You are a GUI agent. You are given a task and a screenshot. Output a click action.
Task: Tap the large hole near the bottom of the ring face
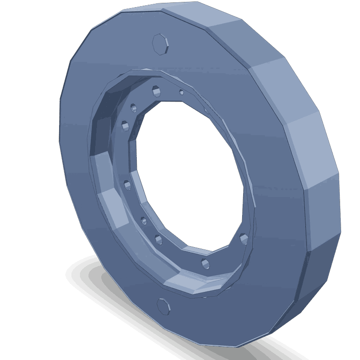tap(162, 306)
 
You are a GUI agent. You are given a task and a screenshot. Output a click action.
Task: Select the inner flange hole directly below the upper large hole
tap(155, 90)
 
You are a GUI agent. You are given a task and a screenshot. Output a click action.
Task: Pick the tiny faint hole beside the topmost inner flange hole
tap(181, 92)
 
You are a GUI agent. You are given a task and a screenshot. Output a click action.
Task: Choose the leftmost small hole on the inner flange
tap(125, 126)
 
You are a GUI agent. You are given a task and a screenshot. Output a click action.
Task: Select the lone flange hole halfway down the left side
tap(127, 184)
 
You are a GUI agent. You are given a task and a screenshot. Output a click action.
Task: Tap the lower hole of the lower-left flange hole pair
tap(158, 239)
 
